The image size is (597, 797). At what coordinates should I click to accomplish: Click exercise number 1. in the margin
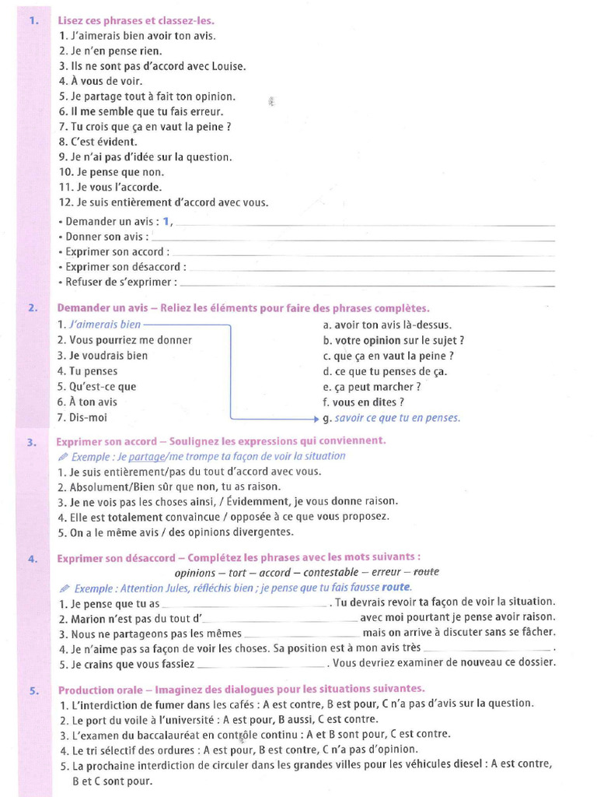click(x=34, y=20)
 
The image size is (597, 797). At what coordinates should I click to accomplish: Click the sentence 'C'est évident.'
click(x=98, y=142)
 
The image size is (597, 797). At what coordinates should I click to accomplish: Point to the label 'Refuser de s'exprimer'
click(x=120, y=282)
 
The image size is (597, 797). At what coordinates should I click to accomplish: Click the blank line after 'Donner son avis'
click(x=353, y=237)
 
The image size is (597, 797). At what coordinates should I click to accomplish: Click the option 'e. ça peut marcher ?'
click(x=372, y=386)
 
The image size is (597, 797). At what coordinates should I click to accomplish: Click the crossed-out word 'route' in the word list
click(x=426, y=572)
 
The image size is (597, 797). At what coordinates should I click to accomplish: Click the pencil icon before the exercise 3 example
click(x=64, y=456)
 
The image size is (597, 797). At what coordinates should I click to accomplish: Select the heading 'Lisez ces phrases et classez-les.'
click(x=136, y=20)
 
